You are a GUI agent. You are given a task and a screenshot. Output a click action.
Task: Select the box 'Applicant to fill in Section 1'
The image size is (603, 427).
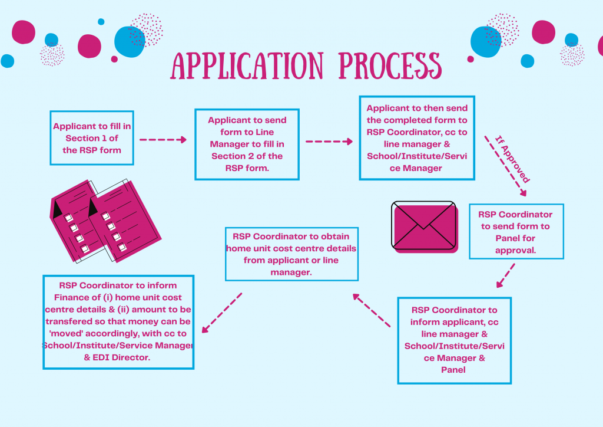[x=92, y=138]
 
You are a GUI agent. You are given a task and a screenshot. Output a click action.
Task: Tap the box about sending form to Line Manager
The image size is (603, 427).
[x=247, y=144]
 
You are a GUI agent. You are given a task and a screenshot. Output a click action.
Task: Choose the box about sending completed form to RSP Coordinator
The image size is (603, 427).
[x=417, y=138]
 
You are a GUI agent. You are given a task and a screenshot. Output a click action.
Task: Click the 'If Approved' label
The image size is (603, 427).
[x=510, y=159]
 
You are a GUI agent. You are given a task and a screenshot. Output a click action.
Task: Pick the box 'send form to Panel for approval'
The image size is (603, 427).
[x=515, y=231]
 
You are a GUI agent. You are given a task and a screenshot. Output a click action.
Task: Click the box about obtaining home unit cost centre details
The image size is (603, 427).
[x=291, y=254]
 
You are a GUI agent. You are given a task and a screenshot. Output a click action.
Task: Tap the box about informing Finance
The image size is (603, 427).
[x=118, y=321]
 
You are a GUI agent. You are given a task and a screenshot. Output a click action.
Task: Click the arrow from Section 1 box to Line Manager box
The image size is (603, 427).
[x=163, y=140]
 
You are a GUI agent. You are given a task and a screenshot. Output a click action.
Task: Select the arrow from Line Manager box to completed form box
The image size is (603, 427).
[x=329, y=142]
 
